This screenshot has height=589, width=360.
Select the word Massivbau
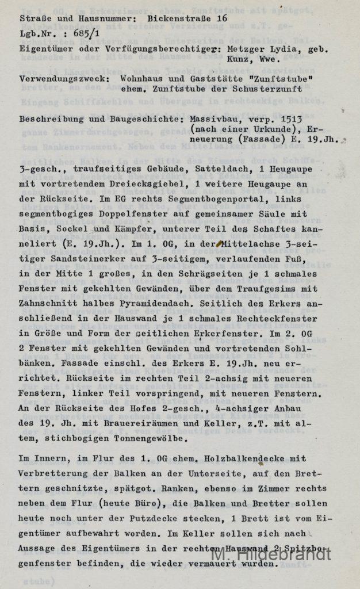click(x=212, y=118)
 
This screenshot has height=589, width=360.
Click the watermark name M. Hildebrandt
click(x=271, y=554)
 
